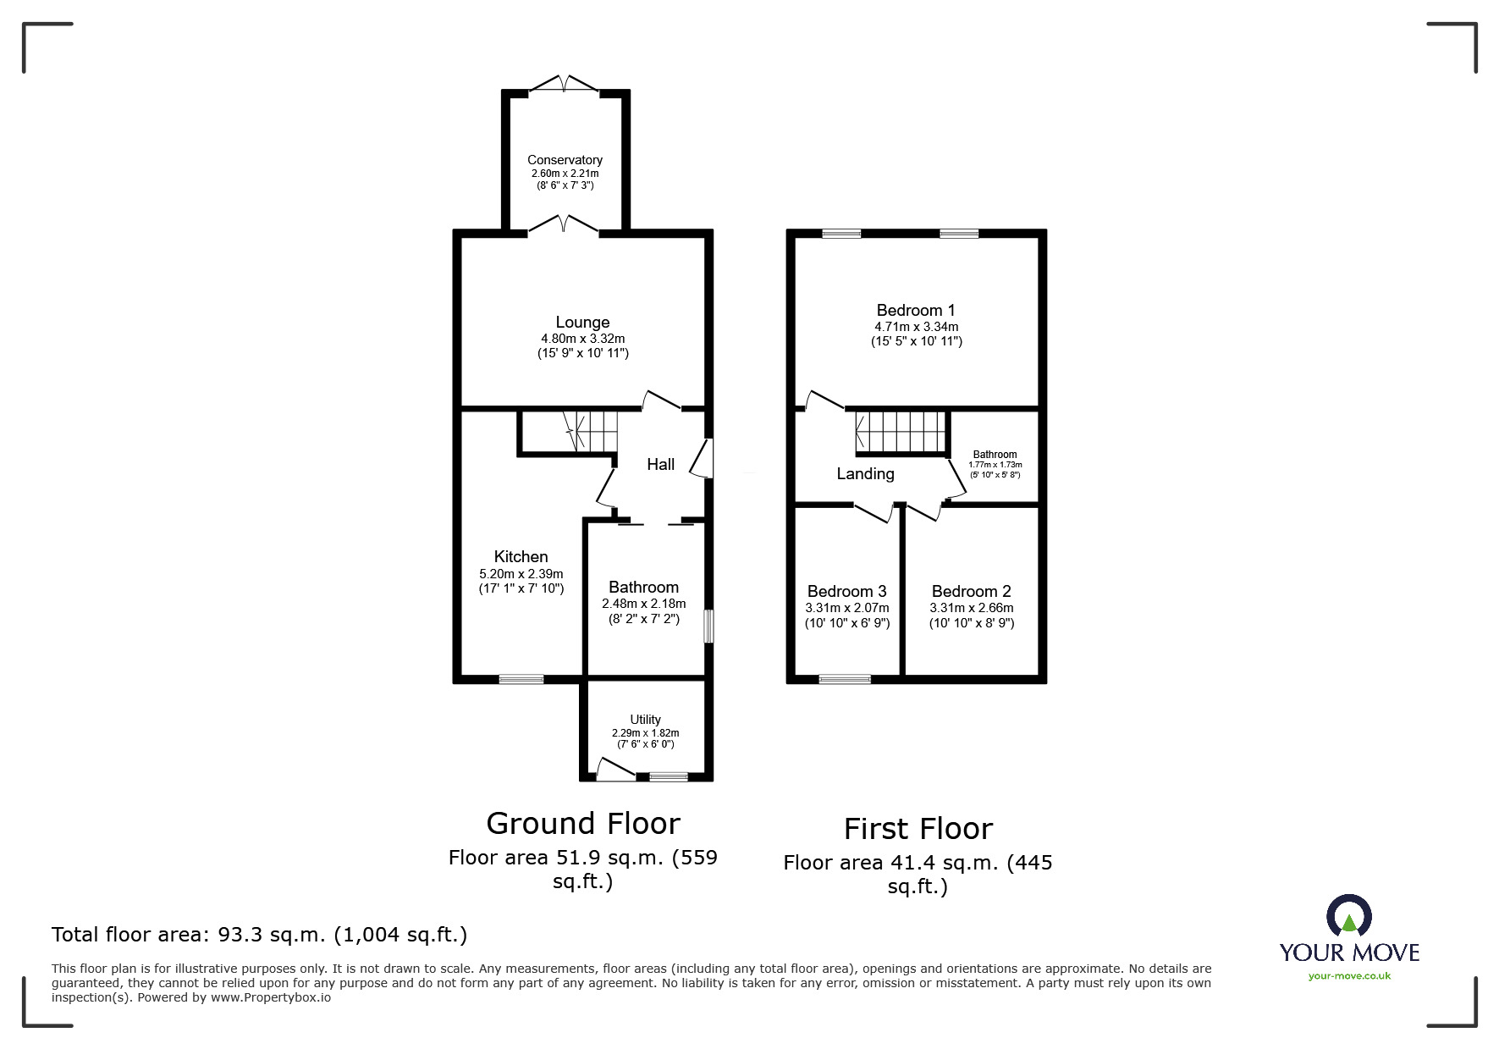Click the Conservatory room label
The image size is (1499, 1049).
(x=565, y=160)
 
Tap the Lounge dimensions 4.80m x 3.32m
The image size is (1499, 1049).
(x=583, y=339)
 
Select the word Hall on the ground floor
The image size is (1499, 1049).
(x=660, y=464)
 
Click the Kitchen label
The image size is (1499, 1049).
(x=521, y=557)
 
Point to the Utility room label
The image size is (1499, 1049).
(x=645, y=720)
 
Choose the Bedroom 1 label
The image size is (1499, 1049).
(x=916, y=311)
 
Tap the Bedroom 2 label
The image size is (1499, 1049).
(x=971, y=592)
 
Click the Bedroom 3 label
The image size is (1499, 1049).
(x=846, y=592)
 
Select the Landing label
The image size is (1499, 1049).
(x=865, y=474)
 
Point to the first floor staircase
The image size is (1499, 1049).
(x=901, y=433)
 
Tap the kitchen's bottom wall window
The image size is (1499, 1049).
(x=521, y=679)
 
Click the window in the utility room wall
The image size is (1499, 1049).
(x=669, y=776)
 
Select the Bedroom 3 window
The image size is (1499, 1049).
(x=845, y=679)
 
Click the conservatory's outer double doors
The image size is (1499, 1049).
(x=564, y=85)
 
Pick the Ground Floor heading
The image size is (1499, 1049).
(x=583, y=824)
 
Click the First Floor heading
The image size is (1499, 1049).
(x=918, y=829)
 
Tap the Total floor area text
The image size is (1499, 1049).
(x=260, y=935)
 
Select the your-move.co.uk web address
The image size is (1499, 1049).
(x=1349, y=976)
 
